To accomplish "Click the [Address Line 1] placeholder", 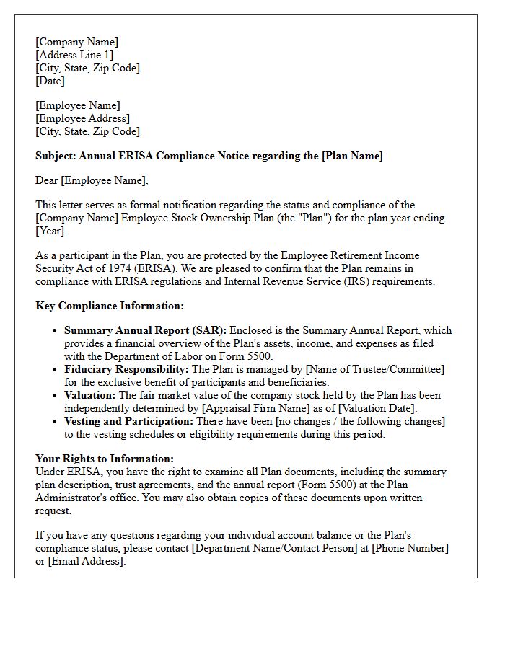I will pyautogui.click(x=74, y=55).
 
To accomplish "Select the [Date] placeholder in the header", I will pyautogui.click(x=50, y=81).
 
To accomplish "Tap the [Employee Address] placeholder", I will pyautogui.click(x=82, y=118).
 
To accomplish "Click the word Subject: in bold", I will pyautogui.click(x=56, y=156).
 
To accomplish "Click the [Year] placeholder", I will pyautogui.click(x=50, y=231).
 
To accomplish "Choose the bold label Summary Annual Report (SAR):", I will pyautogui.click(x=145, y=330).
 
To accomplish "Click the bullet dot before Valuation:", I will pyautogui.click(x=56, y=396).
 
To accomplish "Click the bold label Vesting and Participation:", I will pyautogui.click(x=128, y=421).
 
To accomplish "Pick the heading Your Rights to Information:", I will pyautogui.click(x=105, y=459).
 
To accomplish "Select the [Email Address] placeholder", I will pyautogui.click(x=86, y=561).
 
